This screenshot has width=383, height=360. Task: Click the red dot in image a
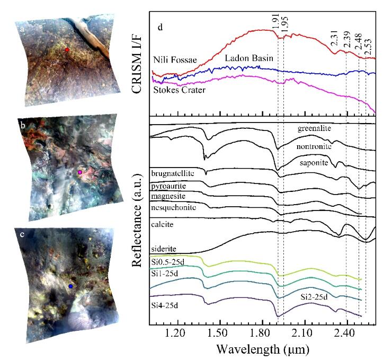point(67,50)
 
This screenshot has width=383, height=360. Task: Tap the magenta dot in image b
point(80,172)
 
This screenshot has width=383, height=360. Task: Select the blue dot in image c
point(70,286)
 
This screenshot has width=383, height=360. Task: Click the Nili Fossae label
point(175,59)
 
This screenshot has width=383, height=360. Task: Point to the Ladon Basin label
point(249,58)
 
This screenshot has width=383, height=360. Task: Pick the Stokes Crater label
point(179,90)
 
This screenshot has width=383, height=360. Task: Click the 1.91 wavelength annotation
point(275,21)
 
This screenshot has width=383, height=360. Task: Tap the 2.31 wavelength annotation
point(334,38)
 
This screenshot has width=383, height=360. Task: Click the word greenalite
point(314,128)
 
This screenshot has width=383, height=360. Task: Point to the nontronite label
point(314,146)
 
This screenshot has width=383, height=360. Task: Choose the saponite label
point(314,163)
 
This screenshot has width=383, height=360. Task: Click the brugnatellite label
point(173,173)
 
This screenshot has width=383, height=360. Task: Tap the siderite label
point(164,249)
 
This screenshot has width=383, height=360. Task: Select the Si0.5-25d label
point(168,262)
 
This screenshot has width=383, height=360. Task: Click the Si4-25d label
point(165,305)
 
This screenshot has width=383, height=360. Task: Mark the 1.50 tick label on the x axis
point(220,333)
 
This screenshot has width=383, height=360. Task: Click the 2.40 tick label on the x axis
point(347,333)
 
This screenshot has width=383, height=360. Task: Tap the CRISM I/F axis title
point(137,63)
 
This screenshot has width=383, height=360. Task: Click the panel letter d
point(160,27)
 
